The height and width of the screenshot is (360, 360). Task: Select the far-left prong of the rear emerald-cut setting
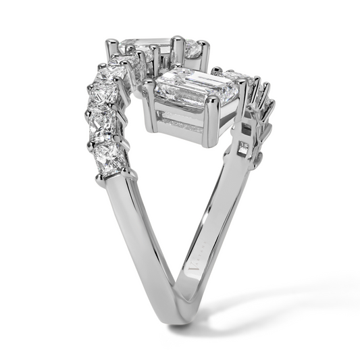click(x=111, y=51)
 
